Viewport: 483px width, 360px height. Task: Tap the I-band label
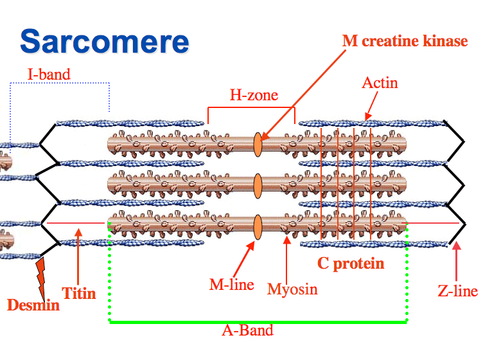pos(48,74)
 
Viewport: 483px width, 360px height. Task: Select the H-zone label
pos(254,96)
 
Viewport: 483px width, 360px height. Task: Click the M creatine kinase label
pos(405,41)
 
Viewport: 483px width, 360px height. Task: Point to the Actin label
pos(380,83)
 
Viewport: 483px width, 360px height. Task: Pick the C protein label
pos(351,263)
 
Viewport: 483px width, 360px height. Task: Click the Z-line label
pos(457,291)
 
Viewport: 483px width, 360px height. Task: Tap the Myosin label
pos(292,289)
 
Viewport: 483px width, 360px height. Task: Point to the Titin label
pos(78,294)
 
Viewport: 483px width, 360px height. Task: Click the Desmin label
pos(33,304)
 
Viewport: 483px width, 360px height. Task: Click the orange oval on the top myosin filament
pos(258,144)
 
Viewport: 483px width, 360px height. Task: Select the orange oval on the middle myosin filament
pos(258,186)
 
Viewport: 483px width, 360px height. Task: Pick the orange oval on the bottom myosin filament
pos(258,227)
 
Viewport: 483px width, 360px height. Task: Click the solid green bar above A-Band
pos(257,321)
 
